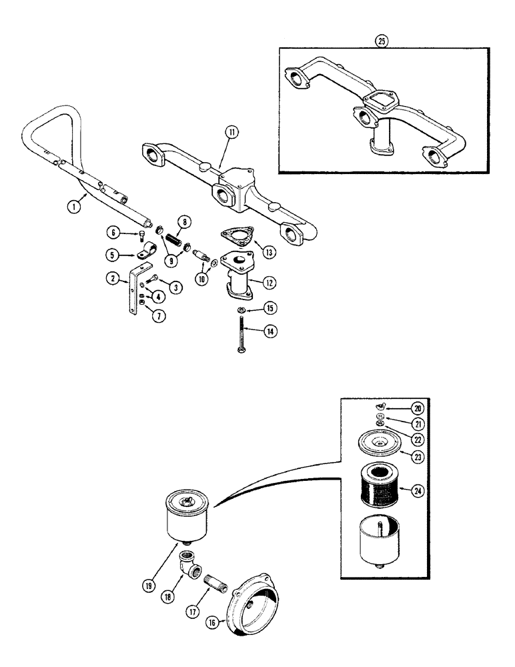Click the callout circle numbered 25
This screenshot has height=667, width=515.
[381, 39]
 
